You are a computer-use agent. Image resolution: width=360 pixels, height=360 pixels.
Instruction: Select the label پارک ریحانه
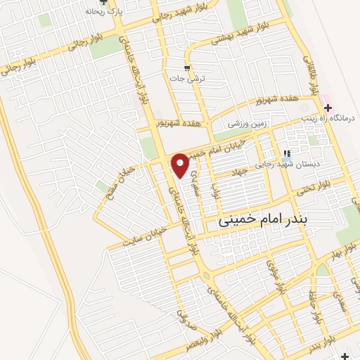click(100, 12)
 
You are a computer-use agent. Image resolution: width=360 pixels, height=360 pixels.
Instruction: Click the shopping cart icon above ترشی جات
click(187, 68)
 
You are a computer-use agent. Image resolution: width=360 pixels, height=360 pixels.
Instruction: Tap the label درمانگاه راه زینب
click(335, 118)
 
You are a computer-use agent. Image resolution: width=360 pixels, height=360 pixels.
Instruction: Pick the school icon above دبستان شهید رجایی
click(286, 153)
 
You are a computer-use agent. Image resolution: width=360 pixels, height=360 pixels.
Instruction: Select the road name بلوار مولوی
click(274, 276)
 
